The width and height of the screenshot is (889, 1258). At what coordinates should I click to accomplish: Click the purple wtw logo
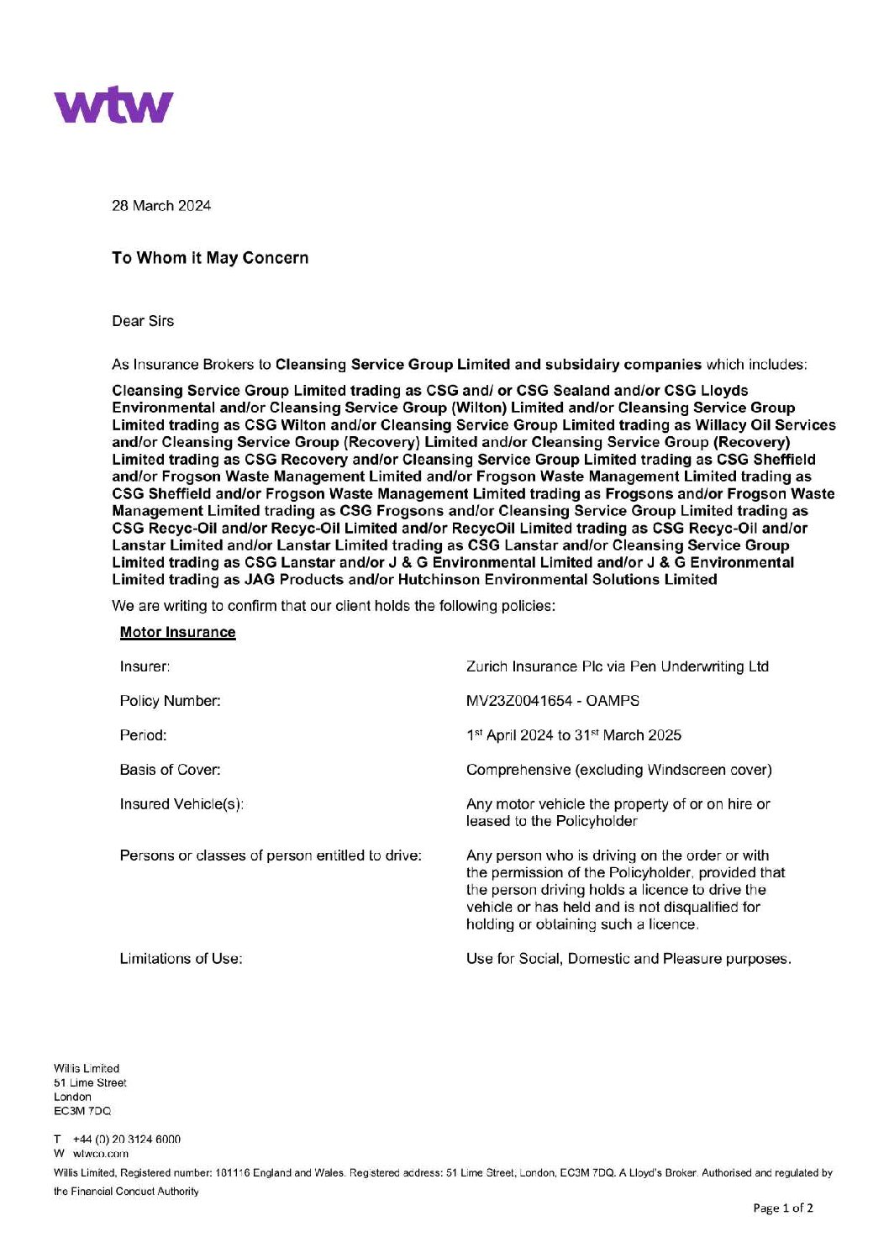pyautogui.click(x=113, y=105)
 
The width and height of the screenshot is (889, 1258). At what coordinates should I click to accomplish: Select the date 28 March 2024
pyautogui.click(x=161, y=206)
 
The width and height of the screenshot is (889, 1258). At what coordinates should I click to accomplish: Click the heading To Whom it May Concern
pyautogui.click(x=210, y=258)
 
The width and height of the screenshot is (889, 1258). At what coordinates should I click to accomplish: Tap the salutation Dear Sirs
pyautogui.click(x=143, y=321)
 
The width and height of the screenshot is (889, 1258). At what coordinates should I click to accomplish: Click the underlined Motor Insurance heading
pyautogui.click(x=177, y=632)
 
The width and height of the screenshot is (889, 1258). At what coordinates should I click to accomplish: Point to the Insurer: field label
pyautogui.click(x=145, y=666)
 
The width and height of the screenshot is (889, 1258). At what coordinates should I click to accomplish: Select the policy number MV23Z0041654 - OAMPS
pyautogui.click(x=552, y=701)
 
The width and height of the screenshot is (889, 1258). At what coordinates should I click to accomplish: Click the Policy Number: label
pyautogui.click(x=170, y=701)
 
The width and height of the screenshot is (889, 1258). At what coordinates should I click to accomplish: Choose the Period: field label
pyautogui.click(x=143, y=735)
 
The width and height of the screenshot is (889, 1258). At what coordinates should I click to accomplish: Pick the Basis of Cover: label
pyautogui.click(x=170, y=770)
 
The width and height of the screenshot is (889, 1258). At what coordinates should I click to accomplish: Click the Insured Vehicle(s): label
pyautogui.click(x=181, y=804)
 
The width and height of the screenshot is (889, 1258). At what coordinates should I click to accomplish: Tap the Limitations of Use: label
pyautogui.click(x=181, y=959)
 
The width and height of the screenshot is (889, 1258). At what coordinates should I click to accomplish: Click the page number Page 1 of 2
pyautogui.click(x=782, y=1208)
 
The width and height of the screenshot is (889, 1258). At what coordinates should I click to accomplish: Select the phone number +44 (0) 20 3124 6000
pyautogui.click(x=126, y=1140)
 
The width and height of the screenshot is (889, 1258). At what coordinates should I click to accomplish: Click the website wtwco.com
pyautogui.click(x=101, y=1154)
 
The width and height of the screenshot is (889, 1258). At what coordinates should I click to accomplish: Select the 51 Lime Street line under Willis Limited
pyautogui.click(x=90, y=1083)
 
